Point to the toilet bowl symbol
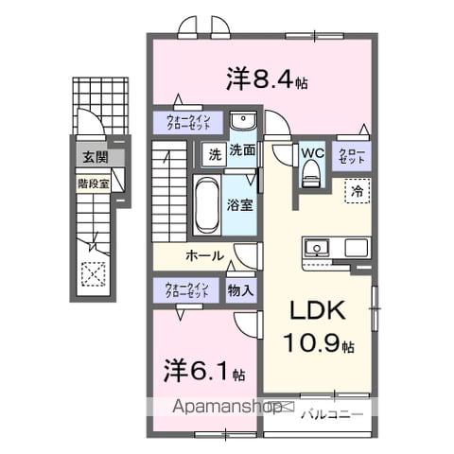[311, 174]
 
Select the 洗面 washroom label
[242, 149]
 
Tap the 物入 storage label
[240, 291]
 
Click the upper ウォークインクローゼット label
[188, 123]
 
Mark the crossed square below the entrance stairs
[95, 273]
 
